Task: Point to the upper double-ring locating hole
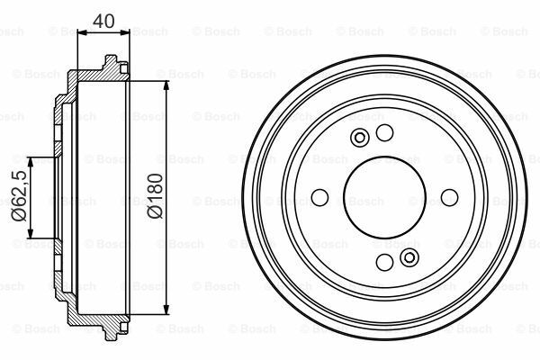pyautogui.click(x=360, y=138)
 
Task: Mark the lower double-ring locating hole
pyautogui.click(x=409, y=259)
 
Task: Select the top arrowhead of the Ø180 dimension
pyautogui.click(x=167, y=84)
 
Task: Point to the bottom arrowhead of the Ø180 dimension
pyautogui.click(x=167, y=312)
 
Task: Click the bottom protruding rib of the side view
pyautogui.click(x=111, y=332)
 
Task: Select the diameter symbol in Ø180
pyautogui.click(x=154, y=214)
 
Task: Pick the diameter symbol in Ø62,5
pyautogui.click(x=17, y=219)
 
